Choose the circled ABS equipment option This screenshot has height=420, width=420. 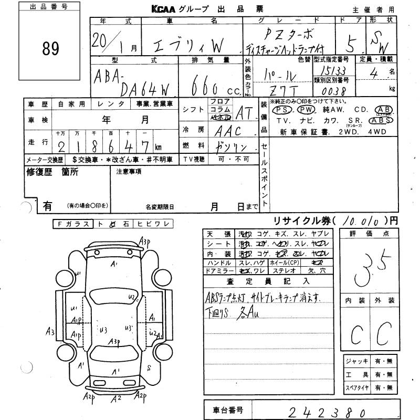(380, 119)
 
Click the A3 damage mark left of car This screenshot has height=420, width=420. (50, 331)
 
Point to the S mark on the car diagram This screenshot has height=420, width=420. (150, 366)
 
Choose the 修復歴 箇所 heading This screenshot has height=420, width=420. (52, 172)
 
